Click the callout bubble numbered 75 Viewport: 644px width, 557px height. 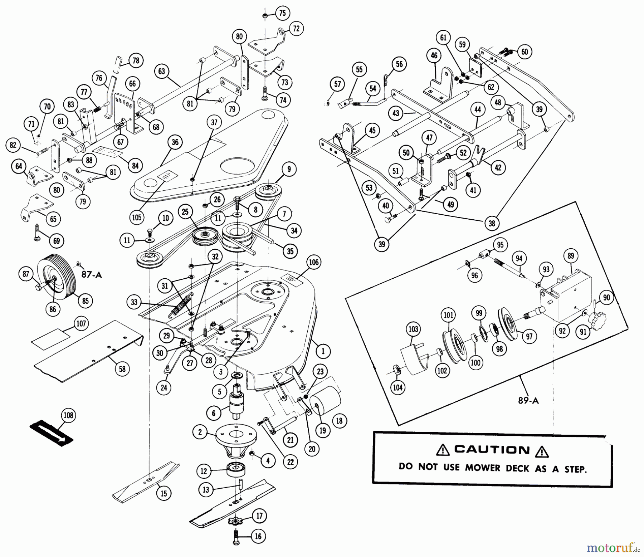click(282, 13)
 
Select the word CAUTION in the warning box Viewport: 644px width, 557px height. click(492, 450)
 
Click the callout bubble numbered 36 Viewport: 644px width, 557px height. click(175, 142)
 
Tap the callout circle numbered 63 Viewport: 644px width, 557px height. click(162, 71)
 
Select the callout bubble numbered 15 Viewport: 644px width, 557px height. click(164, 494)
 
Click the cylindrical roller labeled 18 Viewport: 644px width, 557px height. click(325, 400)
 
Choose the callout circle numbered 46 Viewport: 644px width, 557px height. click(434, 56)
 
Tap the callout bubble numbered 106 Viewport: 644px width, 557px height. click(313, 262)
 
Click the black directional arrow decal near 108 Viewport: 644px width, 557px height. click(51, 431)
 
